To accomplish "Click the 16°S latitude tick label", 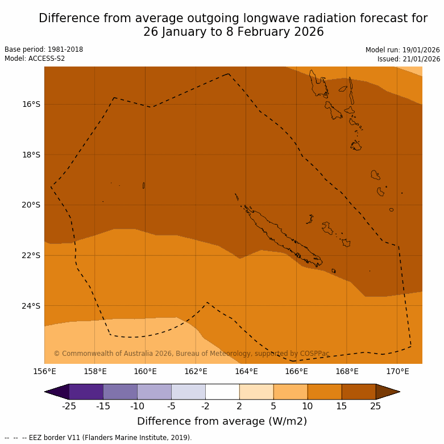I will tap(31, 104).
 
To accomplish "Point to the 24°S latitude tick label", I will tap(31, 306).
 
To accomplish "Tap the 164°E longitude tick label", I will tap(246, 372).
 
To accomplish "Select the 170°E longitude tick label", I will tap(397, 372).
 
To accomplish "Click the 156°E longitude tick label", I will tap(44, 372).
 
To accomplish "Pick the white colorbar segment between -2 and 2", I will tap(222, 392).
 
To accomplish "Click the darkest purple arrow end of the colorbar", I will tap(57, 392).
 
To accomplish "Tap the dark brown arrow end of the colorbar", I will tap(388, 392).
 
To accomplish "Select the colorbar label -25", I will tap(69, 406).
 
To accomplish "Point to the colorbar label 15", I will tap(342, 406).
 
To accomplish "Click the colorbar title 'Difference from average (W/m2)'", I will tap(222, 421).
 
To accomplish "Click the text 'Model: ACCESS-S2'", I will tap(35, 59).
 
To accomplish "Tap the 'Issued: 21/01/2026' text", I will tap(409, 59).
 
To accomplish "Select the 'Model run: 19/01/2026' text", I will tap(402, 50).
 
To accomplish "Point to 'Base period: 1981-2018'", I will tap(44, 49).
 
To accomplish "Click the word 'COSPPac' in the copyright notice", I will tap(314, 354).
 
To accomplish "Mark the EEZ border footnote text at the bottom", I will tap(98, 438).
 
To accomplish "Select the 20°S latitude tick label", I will tap(31, 205).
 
